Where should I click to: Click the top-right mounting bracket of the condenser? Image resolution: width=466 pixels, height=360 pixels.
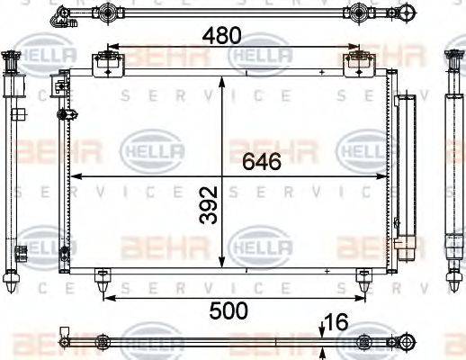tap(358, 62)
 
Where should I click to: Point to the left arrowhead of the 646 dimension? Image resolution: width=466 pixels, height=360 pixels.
tap(75, 175)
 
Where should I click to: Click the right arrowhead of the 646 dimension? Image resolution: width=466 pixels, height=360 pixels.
tap(384, 175)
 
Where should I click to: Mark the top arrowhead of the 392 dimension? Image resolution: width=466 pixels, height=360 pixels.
tap(223, 81)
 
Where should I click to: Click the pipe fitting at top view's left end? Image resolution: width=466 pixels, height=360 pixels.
tap(62, 13)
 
